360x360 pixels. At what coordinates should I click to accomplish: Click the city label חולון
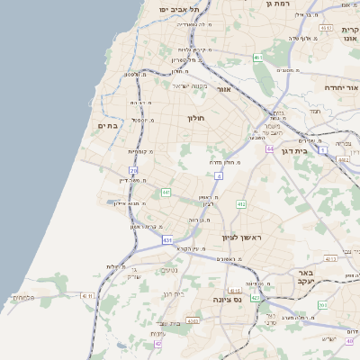197,118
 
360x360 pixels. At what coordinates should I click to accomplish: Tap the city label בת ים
108,126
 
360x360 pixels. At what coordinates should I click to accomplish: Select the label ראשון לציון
239,238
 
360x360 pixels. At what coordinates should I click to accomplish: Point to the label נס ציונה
228,299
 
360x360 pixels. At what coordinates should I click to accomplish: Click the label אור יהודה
341,88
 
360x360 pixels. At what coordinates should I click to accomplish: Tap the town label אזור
225,89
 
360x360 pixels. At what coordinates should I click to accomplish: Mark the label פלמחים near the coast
25,297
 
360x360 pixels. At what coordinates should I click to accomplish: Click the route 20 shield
133,170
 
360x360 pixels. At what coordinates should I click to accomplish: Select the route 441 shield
166,193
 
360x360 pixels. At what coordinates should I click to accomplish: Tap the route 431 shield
167,240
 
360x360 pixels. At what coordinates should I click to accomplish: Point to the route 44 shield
269,148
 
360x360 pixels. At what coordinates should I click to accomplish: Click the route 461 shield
257,58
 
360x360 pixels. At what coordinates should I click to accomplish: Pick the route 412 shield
241,205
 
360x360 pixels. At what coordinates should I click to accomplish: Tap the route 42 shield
158,343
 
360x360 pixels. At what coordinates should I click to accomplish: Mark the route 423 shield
256,297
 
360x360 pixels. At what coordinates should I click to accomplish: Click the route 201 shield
322,305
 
